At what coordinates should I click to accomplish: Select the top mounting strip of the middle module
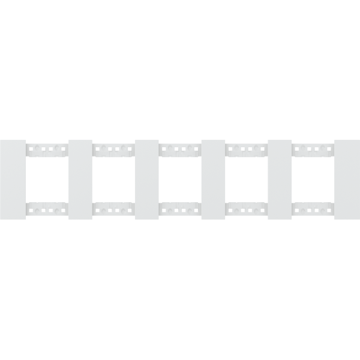click(x=180, y=149)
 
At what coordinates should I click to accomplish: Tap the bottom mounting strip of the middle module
click(x=180, y=211)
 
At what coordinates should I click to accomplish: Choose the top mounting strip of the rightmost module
click(x=313, y=149)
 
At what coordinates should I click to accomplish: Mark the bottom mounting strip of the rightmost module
click(x=313, y=211)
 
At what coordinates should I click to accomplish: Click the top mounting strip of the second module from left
click(x=113, y=149)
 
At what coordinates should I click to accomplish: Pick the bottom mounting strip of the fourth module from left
click(x=247, y=211)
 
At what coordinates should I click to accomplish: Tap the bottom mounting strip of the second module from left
click(x=113, y=211)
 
